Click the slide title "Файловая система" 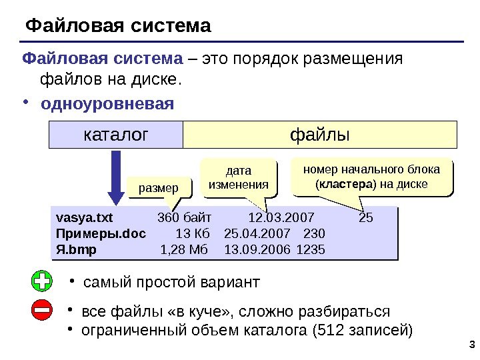click(x=117, y=26)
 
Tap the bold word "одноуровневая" click(x=107, y=105)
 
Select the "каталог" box click(x=116, y=135)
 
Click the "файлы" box click(x=319, y=135)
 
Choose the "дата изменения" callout click(x=238, y=178)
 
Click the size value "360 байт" click(x=184, y=217)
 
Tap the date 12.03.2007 click(x=281, y=217)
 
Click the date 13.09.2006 click(x=257, y=249)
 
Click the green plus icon click(x=41, y=281)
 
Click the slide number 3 click(x=471, y=345)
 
